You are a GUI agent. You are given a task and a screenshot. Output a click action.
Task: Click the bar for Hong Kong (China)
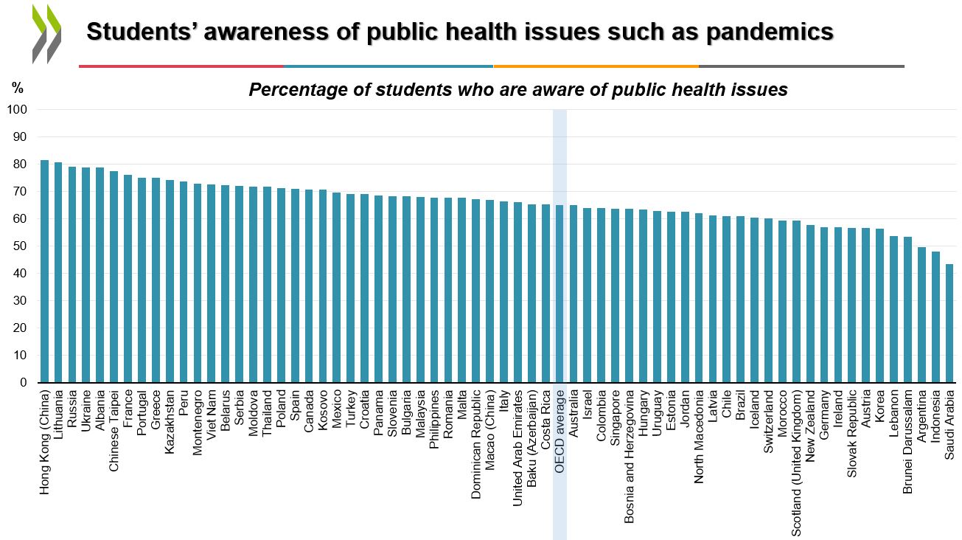[45, 271]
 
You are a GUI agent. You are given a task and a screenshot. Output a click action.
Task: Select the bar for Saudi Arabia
[949, 323]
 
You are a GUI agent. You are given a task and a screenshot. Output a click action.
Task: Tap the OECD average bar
[560, 294]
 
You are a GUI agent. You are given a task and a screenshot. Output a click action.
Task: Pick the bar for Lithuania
[58, 272]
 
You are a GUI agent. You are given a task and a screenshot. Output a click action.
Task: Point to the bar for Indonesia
[935, 317]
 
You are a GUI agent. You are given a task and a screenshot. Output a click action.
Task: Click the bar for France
[128, 279]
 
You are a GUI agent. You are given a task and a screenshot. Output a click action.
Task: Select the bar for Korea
[880, 305]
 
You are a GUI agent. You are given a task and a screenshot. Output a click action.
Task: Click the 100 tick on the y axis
[17, 109]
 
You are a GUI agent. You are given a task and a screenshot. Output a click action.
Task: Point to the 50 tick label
[20, 246]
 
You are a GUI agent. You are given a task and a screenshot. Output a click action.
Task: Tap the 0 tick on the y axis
[23, 382]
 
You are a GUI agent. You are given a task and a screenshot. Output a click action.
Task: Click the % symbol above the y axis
[17, 88]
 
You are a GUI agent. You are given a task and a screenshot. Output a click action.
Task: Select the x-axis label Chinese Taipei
[114, 430]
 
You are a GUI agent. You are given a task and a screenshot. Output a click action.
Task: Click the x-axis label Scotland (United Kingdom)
[796, 463]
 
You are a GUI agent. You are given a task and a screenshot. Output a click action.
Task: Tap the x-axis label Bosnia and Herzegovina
[629, 456]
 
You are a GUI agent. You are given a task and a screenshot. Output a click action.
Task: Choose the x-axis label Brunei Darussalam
[907, 442]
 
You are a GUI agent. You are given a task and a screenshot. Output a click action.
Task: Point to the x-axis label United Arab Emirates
[518, 448]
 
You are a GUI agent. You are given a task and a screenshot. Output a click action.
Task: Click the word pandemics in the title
[770, 32]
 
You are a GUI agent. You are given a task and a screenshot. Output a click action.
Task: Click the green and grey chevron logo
[47, 34]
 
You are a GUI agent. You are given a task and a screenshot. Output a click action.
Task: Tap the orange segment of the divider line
[596, 66]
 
